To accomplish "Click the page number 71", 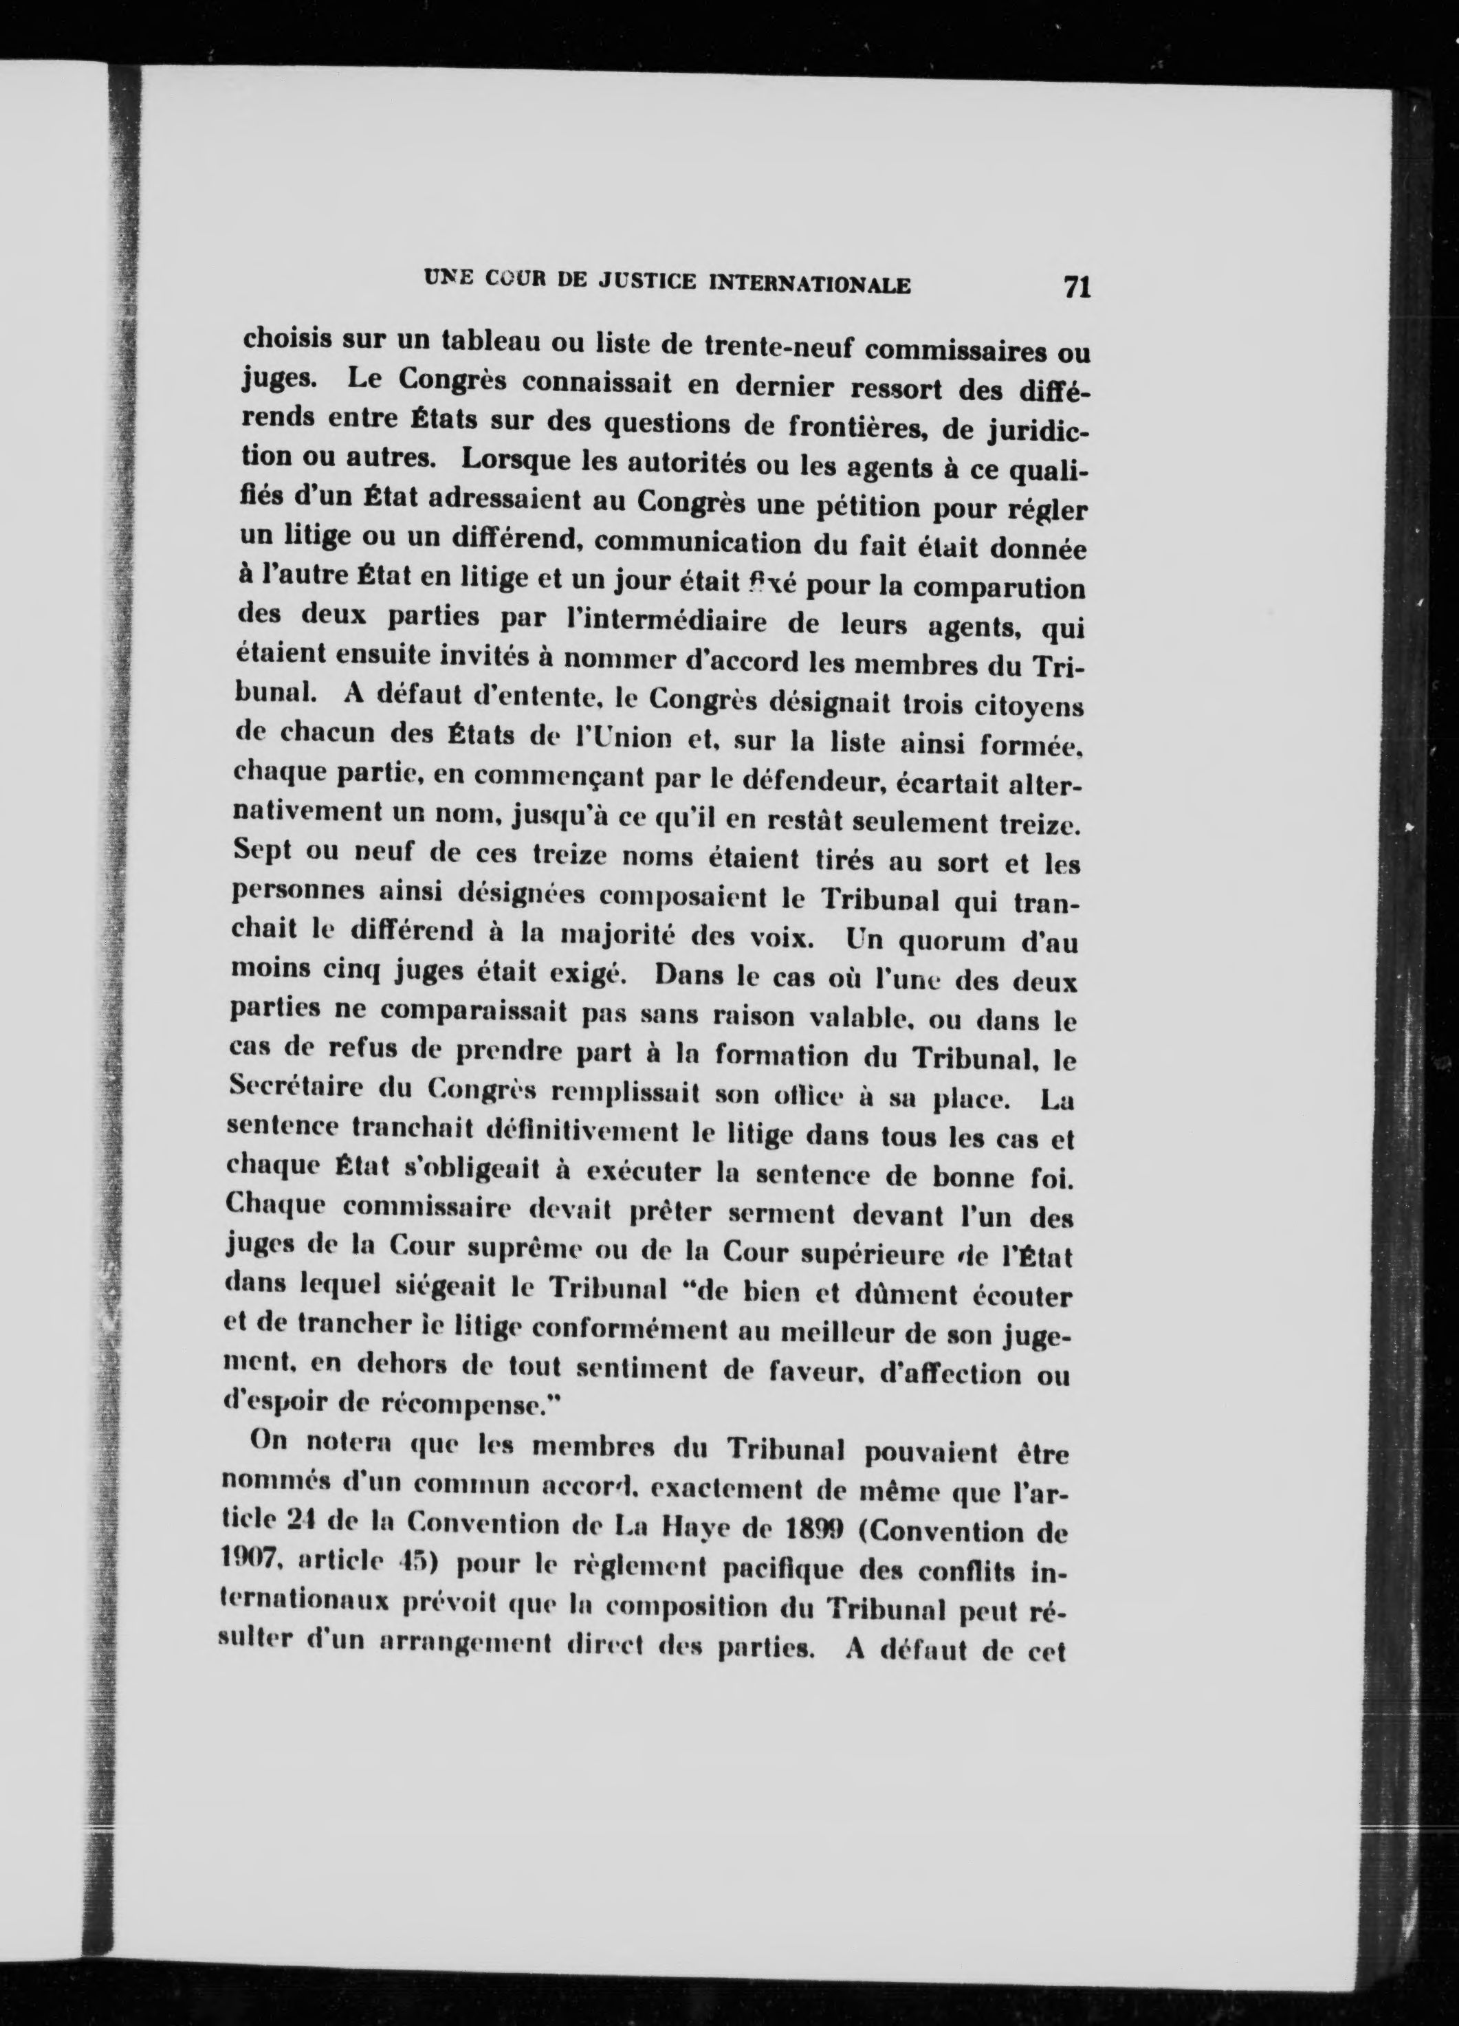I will (1077, 287).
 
